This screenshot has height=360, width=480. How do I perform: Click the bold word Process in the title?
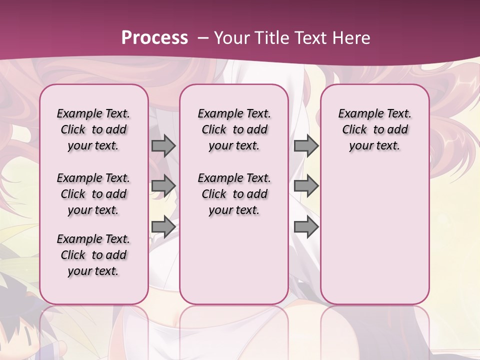(x=154, y=38)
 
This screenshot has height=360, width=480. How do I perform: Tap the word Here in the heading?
(x=353, y=38)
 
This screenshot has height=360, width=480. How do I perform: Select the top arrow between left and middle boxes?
(x=163, y=146)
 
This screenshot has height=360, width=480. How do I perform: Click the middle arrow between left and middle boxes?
(x=163, y=186)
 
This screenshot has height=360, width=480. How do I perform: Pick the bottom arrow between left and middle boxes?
(x=163, y=227)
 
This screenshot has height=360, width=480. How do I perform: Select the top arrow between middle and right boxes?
(x=306, y=146)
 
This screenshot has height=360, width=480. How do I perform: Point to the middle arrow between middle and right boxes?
(x=306, y=186)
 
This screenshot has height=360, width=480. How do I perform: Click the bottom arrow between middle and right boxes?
(x=306, y=227)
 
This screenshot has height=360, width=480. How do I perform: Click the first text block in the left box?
(x=93, y=129)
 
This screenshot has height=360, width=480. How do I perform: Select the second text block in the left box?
(x=93, y=194)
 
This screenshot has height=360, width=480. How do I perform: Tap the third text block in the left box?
(x=93, y=255)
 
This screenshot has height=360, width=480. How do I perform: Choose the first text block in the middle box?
(x=234, y=129)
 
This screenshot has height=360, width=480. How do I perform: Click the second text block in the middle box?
(x=234, y=194)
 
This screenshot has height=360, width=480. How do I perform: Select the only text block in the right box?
(x=374, y=129)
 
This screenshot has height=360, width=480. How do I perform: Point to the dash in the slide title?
(x=203, y=38)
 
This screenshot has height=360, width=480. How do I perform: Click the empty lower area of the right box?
(x=374, y=235)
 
